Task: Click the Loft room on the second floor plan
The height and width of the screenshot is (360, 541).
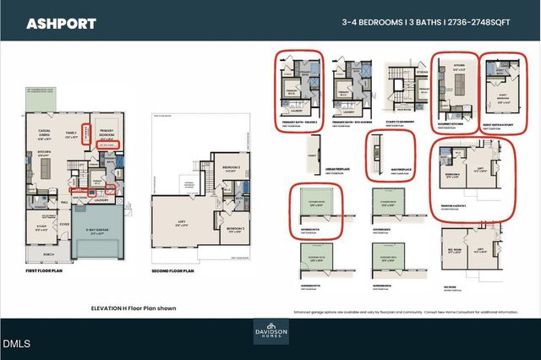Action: pos(181,223)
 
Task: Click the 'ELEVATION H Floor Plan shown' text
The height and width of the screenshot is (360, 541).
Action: pos(134,308)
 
